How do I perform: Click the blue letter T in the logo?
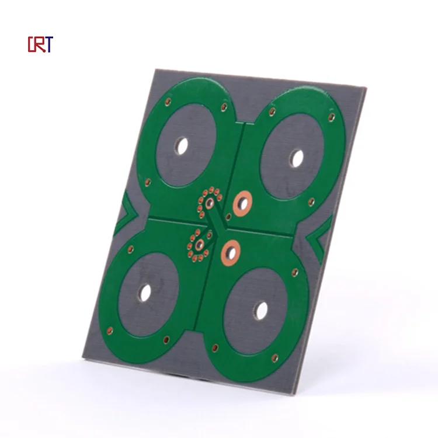(x=49, y=44)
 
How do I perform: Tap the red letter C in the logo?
(x=32, y=44)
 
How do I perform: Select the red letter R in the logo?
(x=40, y=44)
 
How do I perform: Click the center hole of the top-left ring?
(x=182, y=145)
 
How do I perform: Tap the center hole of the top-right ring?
(x=297, y=158)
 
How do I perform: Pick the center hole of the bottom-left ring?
(x=145, y=292)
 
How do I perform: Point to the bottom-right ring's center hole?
(x=261, y=311)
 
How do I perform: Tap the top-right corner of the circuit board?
(x=366, y=89)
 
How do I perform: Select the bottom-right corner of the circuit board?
(x=302, y=393)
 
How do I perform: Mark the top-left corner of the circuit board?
(x=154, y=69)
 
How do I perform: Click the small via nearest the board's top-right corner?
(x=332, y=117)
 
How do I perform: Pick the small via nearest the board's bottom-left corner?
(x=109, y=330)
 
